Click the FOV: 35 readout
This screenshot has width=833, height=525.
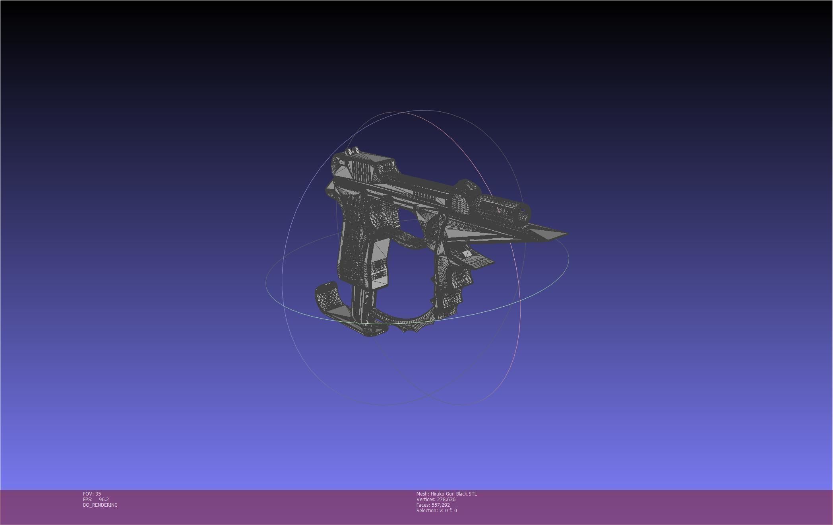point(92,494)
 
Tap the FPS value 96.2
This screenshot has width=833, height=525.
point(104,499)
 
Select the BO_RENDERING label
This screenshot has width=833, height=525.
point(100,505)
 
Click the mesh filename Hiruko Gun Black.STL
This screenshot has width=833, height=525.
point(453,494)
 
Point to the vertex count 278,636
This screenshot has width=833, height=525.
point(446,499)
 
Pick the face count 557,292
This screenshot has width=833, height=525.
point(440,505)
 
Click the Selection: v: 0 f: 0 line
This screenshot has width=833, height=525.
point(436,510)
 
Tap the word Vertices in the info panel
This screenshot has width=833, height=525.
point(425,499)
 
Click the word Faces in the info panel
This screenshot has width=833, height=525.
point(423,505)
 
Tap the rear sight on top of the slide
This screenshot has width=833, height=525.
point(352,151)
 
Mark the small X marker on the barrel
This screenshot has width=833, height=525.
point(498,210)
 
